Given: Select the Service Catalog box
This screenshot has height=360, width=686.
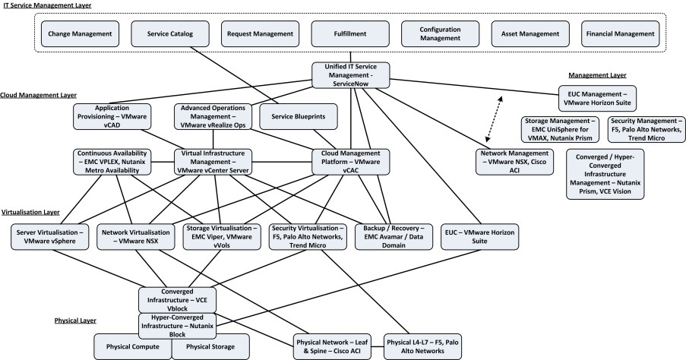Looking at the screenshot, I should pos(172,34).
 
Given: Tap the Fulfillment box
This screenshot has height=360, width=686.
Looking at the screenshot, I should pos(351,34).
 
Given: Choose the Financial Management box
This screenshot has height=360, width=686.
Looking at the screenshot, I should pos(620,34).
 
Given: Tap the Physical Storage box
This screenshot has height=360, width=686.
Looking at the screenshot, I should pos(210,346).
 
